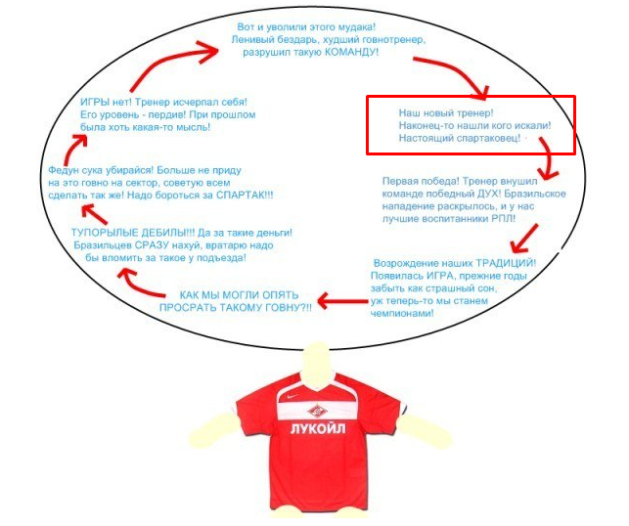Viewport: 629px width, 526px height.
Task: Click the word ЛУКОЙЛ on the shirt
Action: coord(317,428)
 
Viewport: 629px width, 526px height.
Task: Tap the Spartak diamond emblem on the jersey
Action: coord(317,410)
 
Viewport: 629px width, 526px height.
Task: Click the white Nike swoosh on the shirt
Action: coord(292,397)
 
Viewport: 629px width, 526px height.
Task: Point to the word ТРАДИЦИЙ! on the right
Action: coord(506,263)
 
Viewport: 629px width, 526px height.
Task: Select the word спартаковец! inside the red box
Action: coord(487,139)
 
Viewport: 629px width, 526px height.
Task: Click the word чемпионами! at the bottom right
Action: coord(402,313)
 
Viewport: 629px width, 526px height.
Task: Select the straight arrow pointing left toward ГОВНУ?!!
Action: coord(343,301)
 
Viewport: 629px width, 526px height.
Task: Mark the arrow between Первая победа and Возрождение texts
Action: coord(524,239)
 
